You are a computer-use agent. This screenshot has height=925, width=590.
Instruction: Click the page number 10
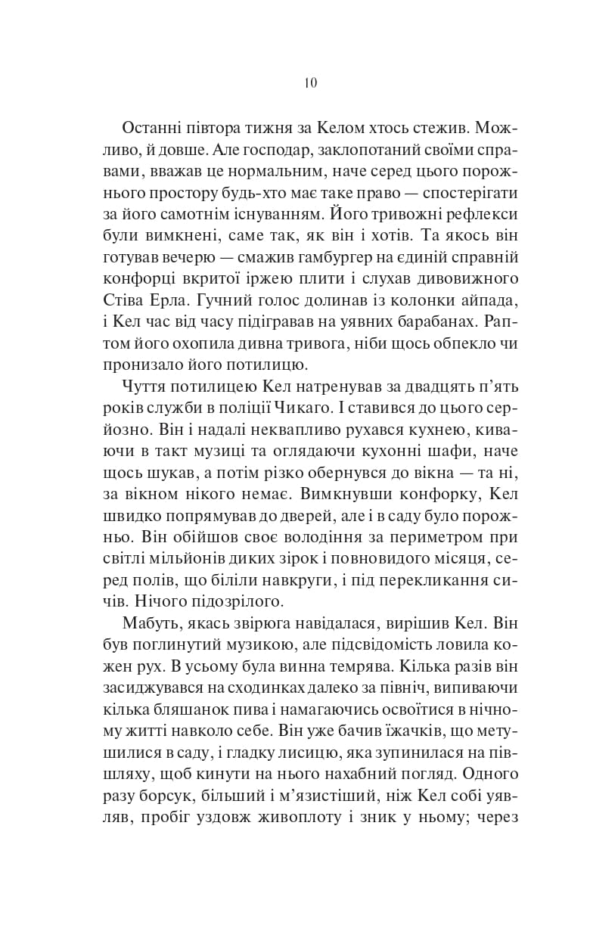[x=311, y=83]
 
